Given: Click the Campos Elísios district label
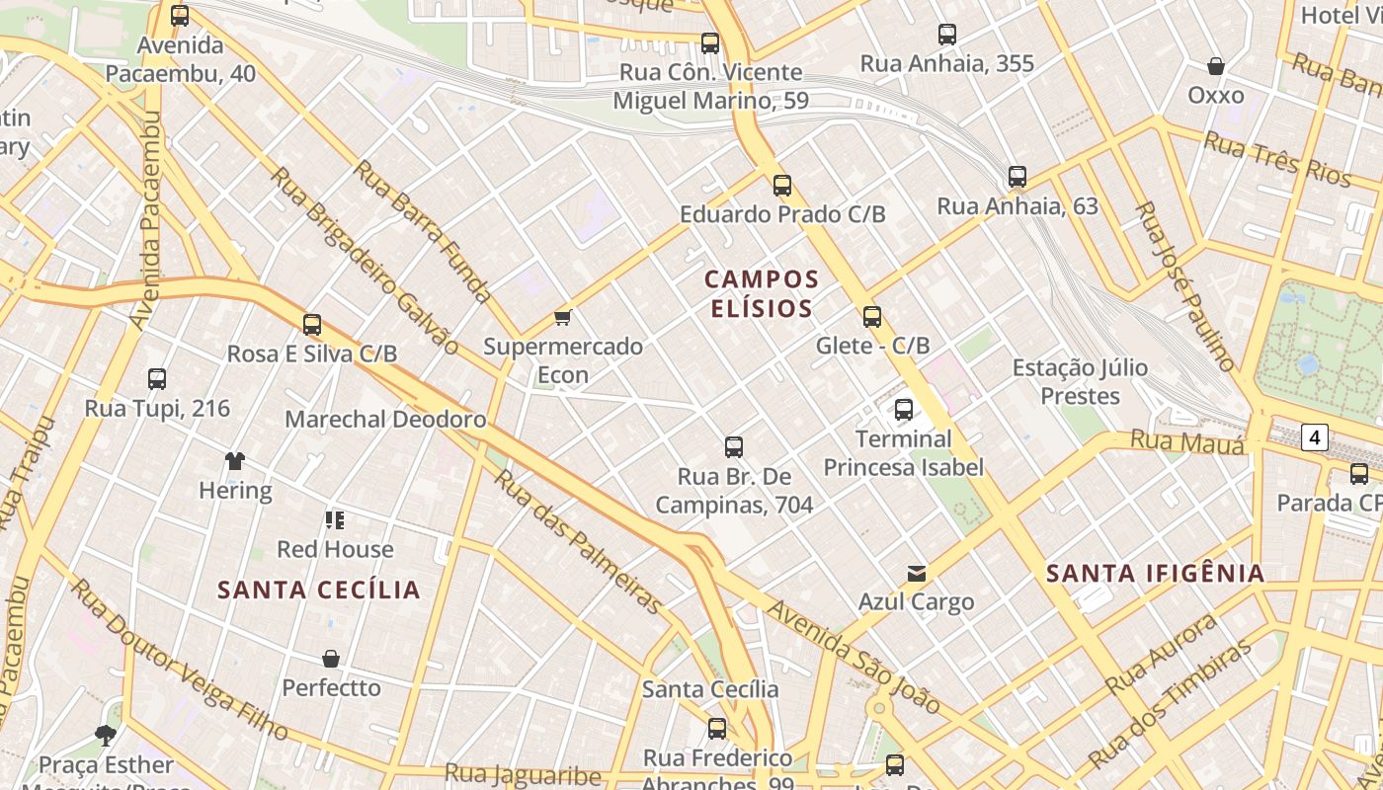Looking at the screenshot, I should click(x=762, y=293).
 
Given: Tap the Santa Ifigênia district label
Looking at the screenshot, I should click(x=1155, y=573).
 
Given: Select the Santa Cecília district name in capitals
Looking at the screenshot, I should click(x=319, y=590).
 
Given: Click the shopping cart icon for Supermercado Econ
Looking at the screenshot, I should click(x=562, y=317).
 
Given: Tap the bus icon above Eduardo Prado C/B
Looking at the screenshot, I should click(x=782, y=185).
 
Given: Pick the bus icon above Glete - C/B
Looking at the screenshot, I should click(x=872, y=317).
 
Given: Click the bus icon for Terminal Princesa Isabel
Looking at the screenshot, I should click(x=904, y=410).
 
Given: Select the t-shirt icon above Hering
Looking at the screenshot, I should click(x=235, y=460).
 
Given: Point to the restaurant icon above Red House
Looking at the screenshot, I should click(x=335, y=519).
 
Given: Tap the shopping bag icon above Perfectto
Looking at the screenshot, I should click(x=331, y=658).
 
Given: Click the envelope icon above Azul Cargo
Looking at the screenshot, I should click(x=917, y=573).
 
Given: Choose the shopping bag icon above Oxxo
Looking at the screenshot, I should click(x=1216, y=66).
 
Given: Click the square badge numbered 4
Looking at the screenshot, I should click(x=1314, y=436).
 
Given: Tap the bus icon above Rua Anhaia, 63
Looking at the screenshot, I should click(x=1017, y=177).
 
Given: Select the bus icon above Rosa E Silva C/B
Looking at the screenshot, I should click(x=312, y=324).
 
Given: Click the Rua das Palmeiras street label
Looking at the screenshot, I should click(x=577, y=541).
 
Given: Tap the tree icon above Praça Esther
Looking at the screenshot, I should click(x=106, y=735).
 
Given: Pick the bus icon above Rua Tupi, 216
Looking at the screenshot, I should click(x=157, y=378).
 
